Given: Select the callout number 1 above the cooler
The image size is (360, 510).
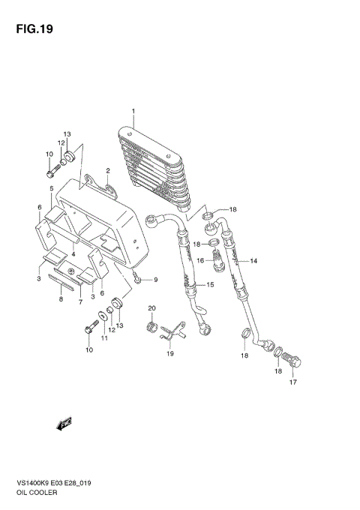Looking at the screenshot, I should coord(133,112).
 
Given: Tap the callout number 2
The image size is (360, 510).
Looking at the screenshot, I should coord(108,171).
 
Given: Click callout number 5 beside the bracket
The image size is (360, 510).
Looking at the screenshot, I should coord(51,188).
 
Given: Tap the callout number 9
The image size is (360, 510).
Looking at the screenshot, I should coord(156,280).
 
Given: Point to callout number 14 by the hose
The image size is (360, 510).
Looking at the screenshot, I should coord(253,261).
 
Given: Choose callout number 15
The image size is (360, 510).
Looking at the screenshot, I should coord(210,285).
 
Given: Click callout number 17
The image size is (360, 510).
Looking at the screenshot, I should coord(292,382).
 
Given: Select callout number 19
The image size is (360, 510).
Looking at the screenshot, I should coord(169,352).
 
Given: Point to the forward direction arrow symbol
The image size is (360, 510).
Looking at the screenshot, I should coord(63,424).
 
